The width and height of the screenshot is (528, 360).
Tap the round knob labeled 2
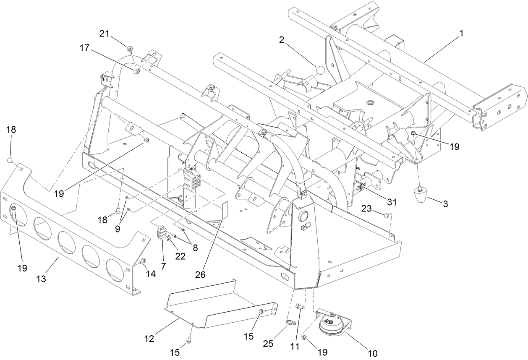pyautogui.click(x=320, y=70)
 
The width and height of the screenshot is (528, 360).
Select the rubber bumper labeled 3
pyautogui.click(x=420, y=196)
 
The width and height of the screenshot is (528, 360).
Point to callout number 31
pyautogui.click(x=391, y=202)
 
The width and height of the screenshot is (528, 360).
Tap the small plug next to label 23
pyautogui.click(x=385, y=215)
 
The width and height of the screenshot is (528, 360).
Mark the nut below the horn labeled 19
pyautogui.click(x=306, y=337)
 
